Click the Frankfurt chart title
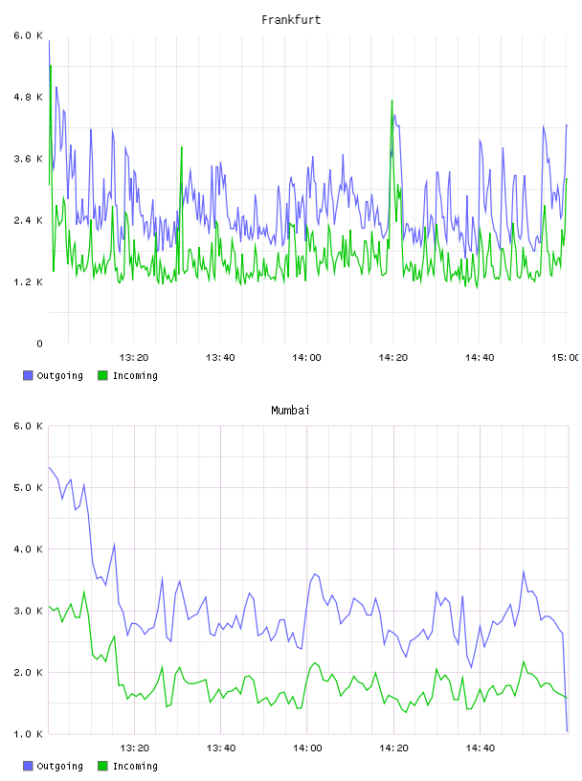point(291,20)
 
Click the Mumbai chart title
point(290,411)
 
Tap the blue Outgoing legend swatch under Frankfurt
point(28,375)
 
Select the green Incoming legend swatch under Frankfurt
point(102,375)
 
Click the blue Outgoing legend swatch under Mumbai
point(28,766)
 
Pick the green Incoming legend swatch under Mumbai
point(102,766)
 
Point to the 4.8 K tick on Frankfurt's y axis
point(28,97)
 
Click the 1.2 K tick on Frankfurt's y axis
point(28,282)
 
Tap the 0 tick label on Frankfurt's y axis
point(39,344)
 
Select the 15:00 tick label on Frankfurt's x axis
point(565,358)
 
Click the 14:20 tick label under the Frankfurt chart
point(393,358)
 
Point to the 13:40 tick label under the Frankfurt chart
point(220,358)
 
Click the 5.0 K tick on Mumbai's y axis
point(28,487)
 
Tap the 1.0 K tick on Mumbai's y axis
point(28,734)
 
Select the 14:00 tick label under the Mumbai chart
point(307,748)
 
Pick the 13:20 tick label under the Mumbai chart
point(135,748)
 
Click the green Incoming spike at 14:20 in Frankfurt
point(392,100)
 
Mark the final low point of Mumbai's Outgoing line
point(567,731)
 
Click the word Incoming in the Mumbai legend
point(135,767)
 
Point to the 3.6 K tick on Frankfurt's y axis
point(28,159)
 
